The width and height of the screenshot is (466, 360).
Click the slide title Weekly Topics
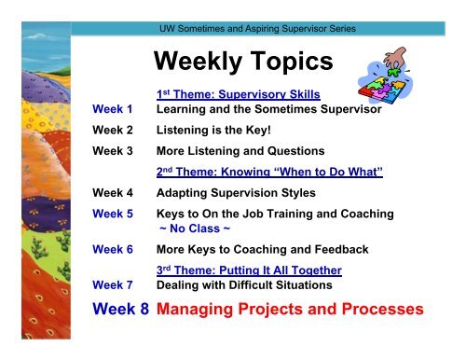[x=243, y=62]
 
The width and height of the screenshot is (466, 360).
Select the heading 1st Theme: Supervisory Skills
[x=233, y=95]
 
